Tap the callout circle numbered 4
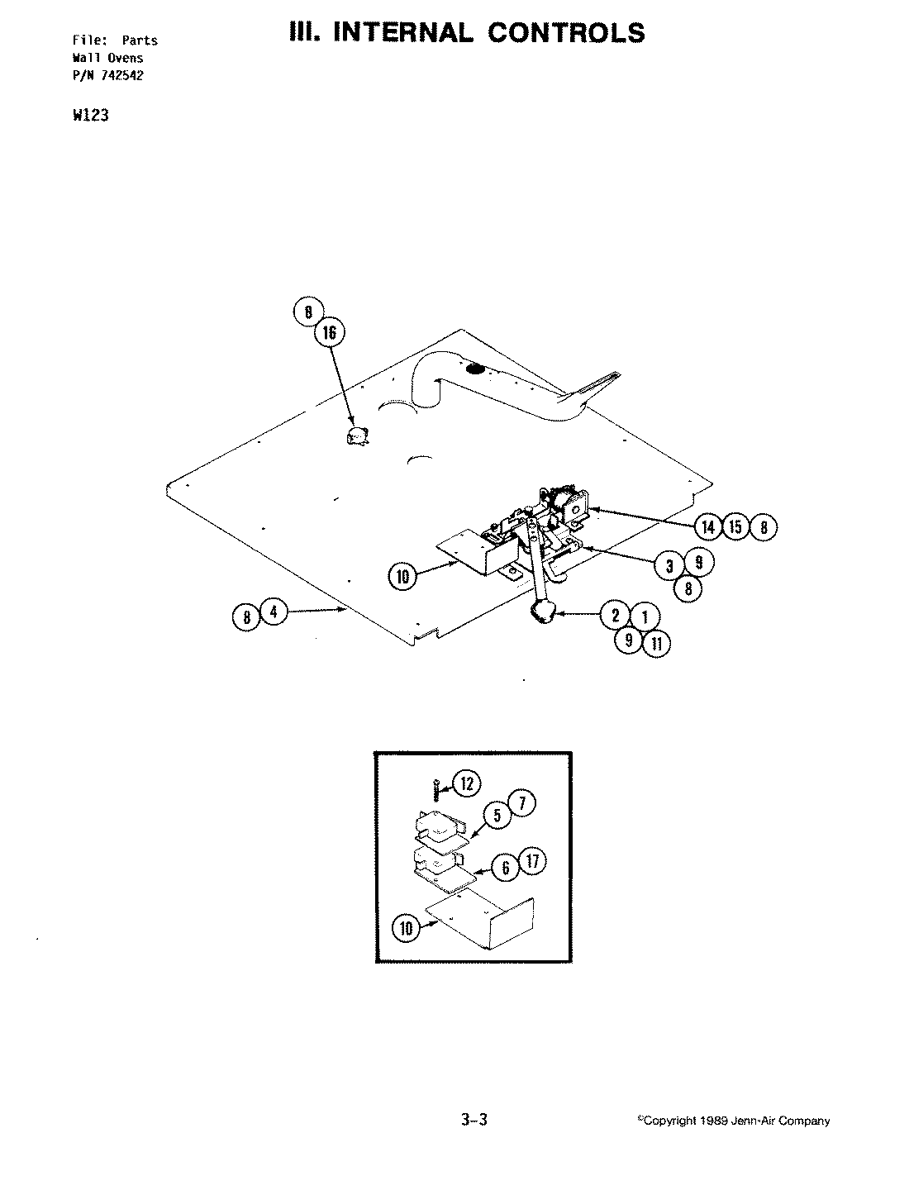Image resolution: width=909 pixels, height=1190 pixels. tap(274, 613)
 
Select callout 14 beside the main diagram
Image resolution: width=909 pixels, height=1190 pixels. tap(708, 526)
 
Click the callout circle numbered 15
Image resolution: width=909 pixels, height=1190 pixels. tap(735, 526)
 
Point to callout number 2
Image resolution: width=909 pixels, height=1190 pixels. tap(616, 615)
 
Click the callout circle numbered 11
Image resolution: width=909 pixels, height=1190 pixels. tap(656, 643)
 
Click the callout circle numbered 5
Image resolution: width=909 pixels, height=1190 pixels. tap(498, 816)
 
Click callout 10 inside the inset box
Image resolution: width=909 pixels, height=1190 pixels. tap(405, 928)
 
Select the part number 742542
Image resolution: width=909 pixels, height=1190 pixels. tap(129, 75)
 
